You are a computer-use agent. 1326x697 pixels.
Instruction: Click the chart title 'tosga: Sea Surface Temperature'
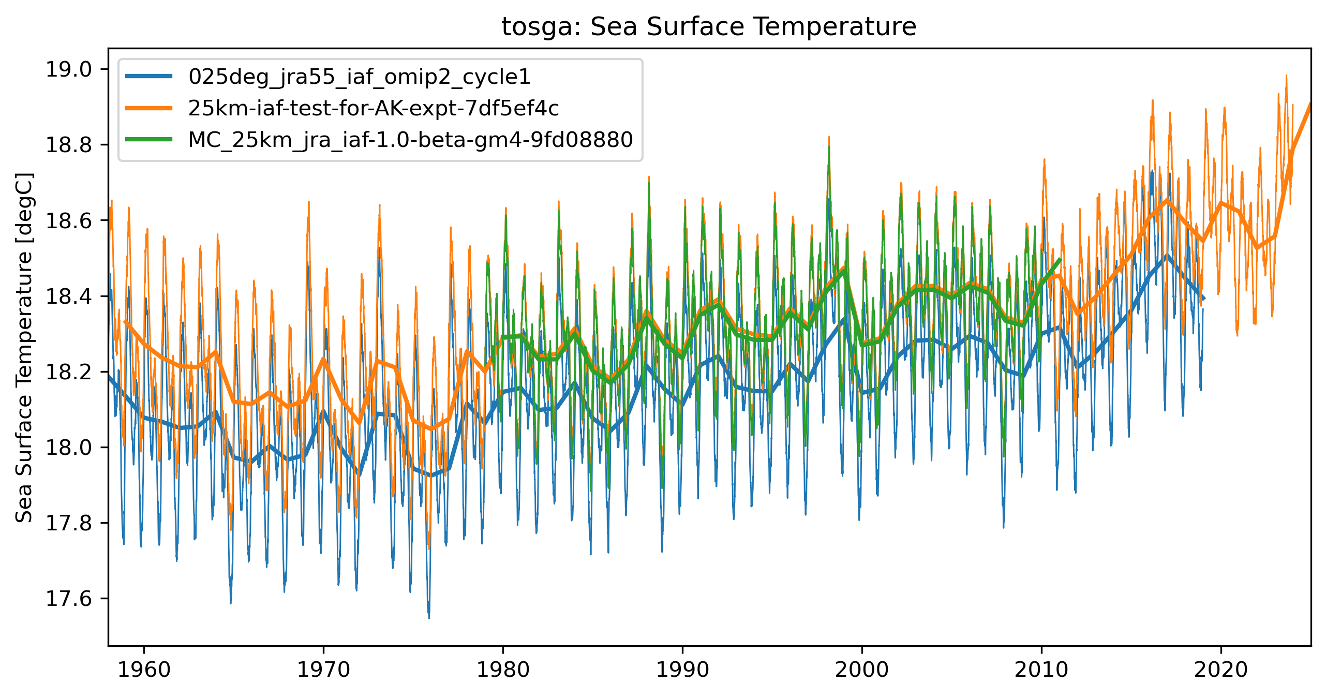(x=709, y=26)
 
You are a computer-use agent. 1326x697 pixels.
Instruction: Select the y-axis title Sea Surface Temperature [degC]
(x=24, y=347)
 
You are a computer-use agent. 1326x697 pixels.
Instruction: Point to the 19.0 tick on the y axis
(x=69, y=69)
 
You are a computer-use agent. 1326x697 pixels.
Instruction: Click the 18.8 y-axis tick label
(x=69, y=145)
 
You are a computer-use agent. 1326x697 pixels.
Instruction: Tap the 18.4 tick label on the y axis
(x=69, y=296)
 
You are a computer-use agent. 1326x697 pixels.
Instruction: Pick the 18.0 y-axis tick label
(x=69, y=448)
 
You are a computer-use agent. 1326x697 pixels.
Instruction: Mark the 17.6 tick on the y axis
(x=69, y=599)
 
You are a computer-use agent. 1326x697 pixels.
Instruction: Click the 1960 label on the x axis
(x=144, y=670)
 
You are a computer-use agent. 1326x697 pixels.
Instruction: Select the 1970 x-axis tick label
(x=323, y=670)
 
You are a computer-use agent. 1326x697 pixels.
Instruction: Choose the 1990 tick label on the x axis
(x=682, y=670)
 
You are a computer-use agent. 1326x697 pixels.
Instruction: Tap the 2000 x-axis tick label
(x=862, y=670)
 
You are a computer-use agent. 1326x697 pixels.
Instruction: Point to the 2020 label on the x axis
(x=1221, y=670)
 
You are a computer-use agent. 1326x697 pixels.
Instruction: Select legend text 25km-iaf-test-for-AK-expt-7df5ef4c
(x=374, y=109)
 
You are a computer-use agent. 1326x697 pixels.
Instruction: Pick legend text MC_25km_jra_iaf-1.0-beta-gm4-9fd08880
(x=410, y=140)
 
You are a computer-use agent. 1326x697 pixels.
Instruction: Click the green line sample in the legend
(x=149, y=139)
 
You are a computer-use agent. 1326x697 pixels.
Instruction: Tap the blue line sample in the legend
(x=149, y=77)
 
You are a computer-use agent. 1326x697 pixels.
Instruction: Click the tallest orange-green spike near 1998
(x=828, y=139)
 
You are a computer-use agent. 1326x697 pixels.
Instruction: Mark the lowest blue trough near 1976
(x=429, y=617)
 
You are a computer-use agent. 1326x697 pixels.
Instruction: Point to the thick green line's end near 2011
(x=1060, y=259)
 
